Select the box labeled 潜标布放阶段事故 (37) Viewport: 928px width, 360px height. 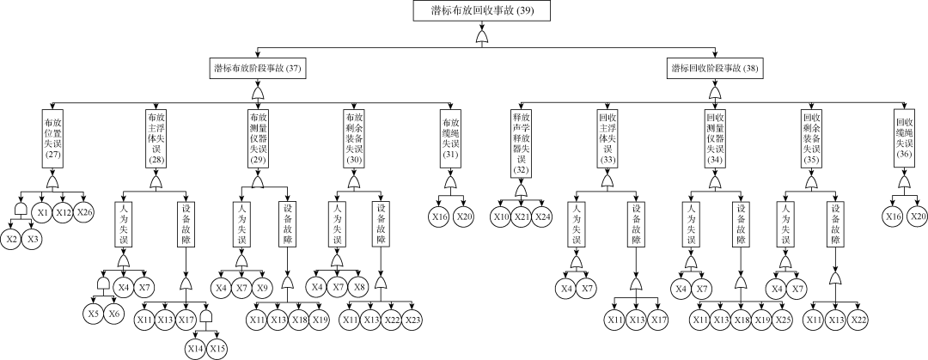258,67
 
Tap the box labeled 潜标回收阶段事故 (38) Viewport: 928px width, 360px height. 715,67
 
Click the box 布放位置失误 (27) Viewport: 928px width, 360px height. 53,138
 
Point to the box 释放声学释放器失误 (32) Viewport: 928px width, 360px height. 520,141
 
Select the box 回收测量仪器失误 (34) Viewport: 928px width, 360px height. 714,138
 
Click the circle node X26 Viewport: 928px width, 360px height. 83,212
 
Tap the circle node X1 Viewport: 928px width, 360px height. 42,212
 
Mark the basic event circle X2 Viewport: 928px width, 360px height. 11,238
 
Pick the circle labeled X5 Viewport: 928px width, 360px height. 93,314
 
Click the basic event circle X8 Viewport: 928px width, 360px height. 360,286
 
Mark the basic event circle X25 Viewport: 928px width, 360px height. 782,320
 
